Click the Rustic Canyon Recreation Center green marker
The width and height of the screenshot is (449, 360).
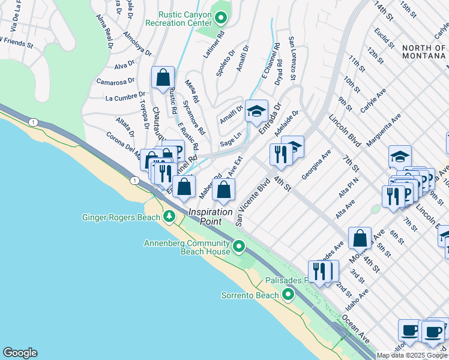(220, 18)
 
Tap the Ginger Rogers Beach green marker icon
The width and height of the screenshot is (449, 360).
(170, 217)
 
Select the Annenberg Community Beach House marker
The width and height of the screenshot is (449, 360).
(239, 247)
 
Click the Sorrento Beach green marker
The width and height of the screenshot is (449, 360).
(288, 295)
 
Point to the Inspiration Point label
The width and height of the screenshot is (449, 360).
(211, 212)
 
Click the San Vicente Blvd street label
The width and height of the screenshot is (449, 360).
(253, 202)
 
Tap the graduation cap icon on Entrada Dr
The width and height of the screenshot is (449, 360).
(256, 111)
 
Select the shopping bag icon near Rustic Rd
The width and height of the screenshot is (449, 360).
(163, 77)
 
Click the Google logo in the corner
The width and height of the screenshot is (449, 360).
(20, 353)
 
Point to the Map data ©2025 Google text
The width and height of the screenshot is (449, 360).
(412, 355)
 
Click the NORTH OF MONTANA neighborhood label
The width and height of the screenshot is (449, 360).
(424, 52)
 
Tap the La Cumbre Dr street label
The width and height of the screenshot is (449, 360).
(125, 97)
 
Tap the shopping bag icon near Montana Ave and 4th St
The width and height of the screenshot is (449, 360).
(360, 238)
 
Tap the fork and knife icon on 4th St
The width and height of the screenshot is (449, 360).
(280, 154)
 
